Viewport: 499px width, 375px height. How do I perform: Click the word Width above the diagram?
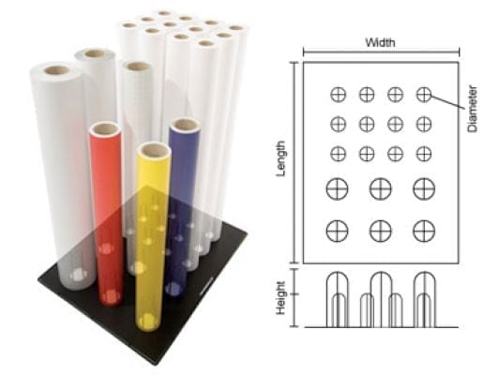(380, 42)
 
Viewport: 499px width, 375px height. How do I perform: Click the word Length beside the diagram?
(280, 158)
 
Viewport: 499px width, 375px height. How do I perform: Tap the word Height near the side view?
(280, 298)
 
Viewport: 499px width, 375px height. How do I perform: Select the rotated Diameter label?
(473, 109)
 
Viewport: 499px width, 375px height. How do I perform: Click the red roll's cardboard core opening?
(105, 128)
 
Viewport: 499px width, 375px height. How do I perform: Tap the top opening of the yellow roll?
(154, 149)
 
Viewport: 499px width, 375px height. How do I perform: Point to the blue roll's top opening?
(185, 124)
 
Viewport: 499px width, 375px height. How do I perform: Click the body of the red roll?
(107, 217)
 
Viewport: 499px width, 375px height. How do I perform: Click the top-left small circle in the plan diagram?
(338, 95)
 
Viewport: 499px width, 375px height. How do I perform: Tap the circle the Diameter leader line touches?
(424, 95)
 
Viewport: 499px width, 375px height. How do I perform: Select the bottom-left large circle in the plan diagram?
(337, 231)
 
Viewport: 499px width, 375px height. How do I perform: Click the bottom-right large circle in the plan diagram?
(424, 231)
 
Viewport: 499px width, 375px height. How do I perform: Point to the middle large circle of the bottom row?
(381, 231)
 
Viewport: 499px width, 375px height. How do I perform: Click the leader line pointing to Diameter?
(447, 101)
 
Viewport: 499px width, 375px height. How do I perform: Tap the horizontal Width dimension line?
(381, 52)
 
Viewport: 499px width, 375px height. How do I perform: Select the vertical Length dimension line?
(295, 162)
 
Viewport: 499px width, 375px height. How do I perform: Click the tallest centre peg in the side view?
(381, 300)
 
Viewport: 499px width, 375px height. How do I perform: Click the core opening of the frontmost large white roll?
(56, 70)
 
